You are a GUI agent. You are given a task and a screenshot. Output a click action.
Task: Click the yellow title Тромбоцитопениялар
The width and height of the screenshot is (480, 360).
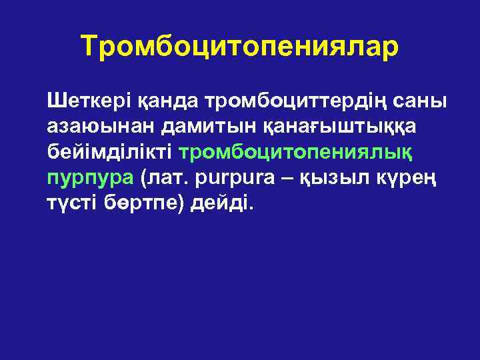pos(240,46)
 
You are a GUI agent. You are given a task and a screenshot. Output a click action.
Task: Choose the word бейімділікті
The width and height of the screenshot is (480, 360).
pos(110,151)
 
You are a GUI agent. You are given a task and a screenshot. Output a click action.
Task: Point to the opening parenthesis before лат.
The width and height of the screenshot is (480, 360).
pos(141,177)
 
